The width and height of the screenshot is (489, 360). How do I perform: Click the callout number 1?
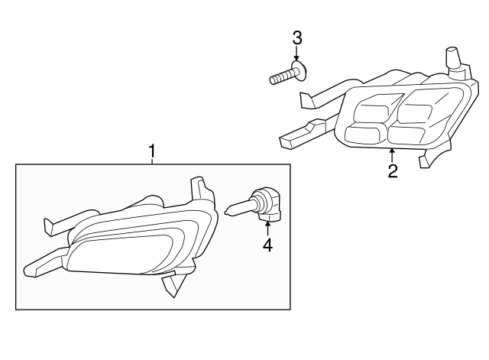click(x=152, y=151)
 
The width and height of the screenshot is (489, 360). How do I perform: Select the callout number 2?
click(x=393, y=171)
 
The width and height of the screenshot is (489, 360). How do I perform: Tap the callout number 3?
click(x=297, y=38)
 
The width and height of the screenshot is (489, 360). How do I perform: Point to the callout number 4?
click(x=267, y=245)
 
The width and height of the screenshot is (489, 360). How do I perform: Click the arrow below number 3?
click(x=296, y=53)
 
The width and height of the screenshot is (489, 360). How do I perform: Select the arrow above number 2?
click(x=392, y=156)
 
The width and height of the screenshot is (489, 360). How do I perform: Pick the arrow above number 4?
click(x=267, y=229)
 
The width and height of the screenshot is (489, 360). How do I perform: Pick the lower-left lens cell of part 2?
click(x=365, y=133)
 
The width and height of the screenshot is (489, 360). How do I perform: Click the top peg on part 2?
click(x=454, y=59)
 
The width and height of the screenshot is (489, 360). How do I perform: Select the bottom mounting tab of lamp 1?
click(x=171, y=284)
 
